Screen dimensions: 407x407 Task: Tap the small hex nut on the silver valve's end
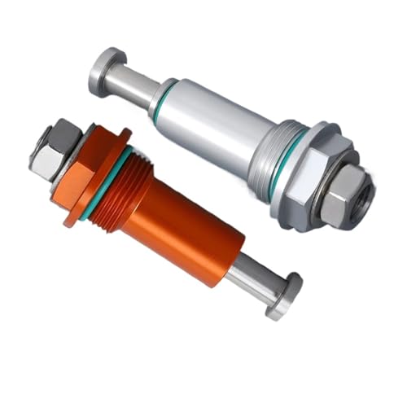click(342, 199)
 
